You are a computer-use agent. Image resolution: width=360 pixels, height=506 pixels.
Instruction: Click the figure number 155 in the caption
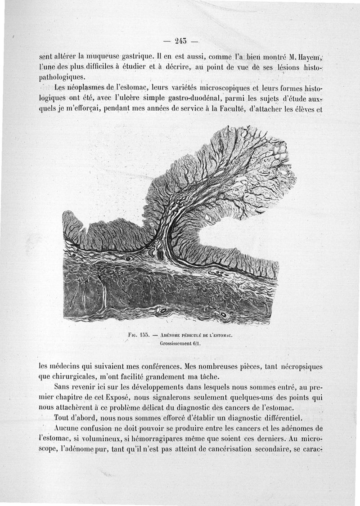click(144, 335)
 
